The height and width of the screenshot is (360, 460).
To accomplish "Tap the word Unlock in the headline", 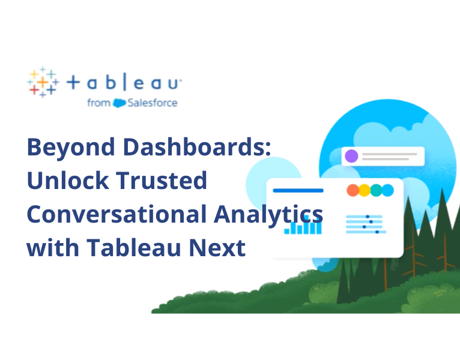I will pyautogui.click(x=65, y=181).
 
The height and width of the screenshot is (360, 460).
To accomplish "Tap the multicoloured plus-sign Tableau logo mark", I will pyautogui.click(x=43, y=82).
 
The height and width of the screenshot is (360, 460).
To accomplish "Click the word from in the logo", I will pyautogui.click(x=98, y=103).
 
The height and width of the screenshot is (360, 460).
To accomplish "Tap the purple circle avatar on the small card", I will pyautogui.click(x=351, y=156).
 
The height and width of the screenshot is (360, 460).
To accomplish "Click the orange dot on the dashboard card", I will pyautogui.click(x=353, y=190).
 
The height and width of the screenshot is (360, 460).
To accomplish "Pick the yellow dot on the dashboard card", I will pyautogui.click(x=365, y=190).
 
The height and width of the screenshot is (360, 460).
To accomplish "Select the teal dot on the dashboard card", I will pyautogui.click(x=376, y=190).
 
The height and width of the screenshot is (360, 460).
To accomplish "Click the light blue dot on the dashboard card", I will pyautogui.click(x=387, y=190).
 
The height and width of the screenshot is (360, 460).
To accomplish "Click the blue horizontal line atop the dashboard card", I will pyautogui.click(x=298, y=191).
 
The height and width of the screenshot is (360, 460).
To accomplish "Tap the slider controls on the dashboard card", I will pyautogui.click(x=366, y=223).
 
